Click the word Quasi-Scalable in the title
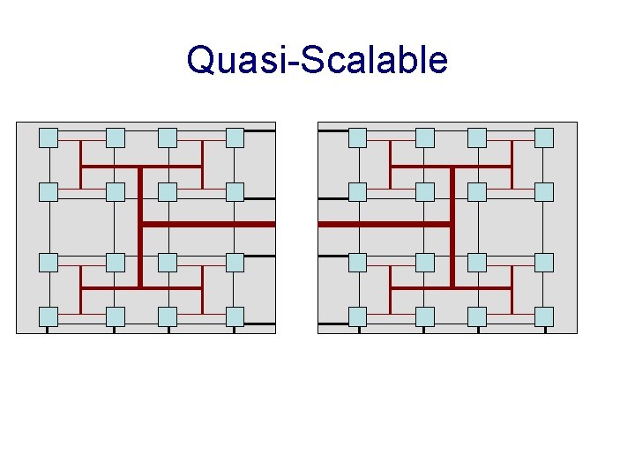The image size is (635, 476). point(317,61)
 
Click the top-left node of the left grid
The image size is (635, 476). point(49,138)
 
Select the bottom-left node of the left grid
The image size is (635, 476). point(49,316)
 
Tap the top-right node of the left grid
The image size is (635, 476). point(235,138)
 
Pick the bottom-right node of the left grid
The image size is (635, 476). point(235,316)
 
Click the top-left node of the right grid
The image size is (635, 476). point(357,138)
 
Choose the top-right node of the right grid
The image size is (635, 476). point(544,138)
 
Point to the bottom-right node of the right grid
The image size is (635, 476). point(544,316)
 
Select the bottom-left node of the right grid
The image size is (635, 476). point(357,316)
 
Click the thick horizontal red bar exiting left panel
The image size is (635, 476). point(212,225)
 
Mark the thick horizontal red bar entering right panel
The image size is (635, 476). point(379,225)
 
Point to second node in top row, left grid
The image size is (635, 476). point(116,138)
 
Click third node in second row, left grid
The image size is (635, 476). point(168,192)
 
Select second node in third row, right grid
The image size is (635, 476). point(425,262)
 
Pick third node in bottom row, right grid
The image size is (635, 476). point(477,316)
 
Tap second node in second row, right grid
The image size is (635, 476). point(425,192)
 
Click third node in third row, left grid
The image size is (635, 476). point(168,262)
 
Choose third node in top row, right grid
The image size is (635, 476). point(477,138)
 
